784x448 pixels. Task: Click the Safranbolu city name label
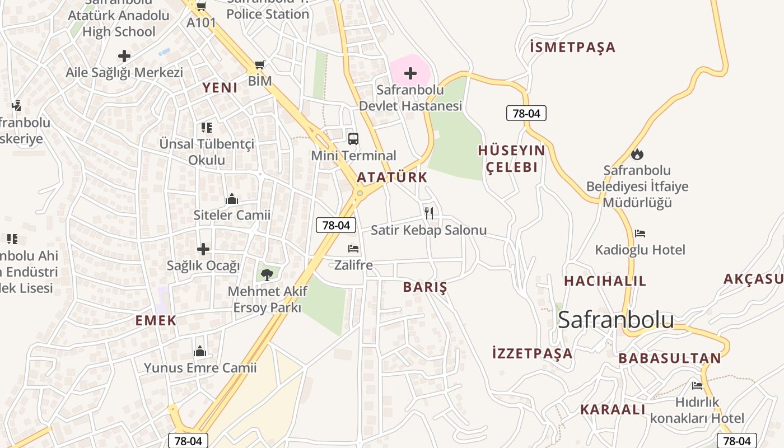[x=616, y=319]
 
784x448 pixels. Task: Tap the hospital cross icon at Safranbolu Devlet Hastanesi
[x=410, y=73]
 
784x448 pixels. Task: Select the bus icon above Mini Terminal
[x=353, y=139]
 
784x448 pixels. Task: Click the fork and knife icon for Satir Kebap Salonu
[x=429, y=213]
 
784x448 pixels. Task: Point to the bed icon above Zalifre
[x=353, y=249]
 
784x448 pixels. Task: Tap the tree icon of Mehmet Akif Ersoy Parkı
[x=267, y=274]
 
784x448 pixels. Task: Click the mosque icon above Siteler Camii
[x=232, y=199]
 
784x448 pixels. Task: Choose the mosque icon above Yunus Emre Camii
[x=200, y=352]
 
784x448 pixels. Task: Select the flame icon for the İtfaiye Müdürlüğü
[x=637, y=154]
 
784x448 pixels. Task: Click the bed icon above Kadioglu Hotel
[x=640, y=234]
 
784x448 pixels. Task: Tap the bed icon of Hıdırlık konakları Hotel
[x=697, y=385]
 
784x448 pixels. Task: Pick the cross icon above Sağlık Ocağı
[x=203, y=249]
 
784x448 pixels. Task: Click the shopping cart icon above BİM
[x=259, y=65]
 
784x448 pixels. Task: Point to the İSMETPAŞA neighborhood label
[x=572, y=47]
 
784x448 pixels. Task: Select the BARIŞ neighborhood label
[x=426, y=288]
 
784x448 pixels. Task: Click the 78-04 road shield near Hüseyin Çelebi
[x=526, y=113]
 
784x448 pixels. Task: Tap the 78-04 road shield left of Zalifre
[x=336, y=225]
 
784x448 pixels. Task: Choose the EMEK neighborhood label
[x=156, y=320]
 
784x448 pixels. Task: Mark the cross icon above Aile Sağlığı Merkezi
[x=124, y=56]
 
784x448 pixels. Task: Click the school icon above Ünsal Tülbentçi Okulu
[x=207, y=128]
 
